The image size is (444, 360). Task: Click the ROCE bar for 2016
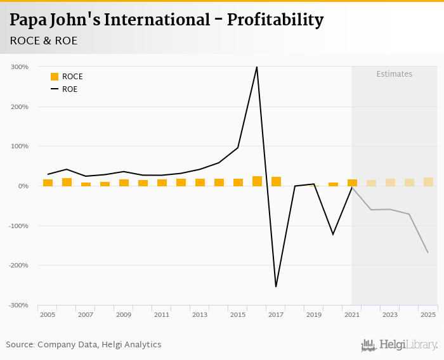(x=257, y=181)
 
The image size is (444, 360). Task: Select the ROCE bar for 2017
(x=276, y=182)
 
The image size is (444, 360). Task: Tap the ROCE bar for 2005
(x=48, y=183)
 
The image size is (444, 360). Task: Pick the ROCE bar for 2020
(x=333, y=184)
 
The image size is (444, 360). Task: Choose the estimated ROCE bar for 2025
(x=428, y=182)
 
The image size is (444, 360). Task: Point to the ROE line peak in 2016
(x=257, y=67)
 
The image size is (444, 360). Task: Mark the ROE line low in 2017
(x=276, y=286)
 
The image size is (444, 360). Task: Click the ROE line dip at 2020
(x=333, y=235)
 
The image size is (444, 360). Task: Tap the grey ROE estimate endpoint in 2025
(x=428, y=252)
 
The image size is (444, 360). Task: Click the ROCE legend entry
(x=67, y=77)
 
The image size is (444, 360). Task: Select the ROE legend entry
(x=64, y=89)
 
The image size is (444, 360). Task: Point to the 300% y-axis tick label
(x=20, y=67)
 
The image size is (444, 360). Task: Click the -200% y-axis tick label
(x=18, y=266)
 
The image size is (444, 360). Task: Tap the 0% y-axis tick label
(x=23, y=186)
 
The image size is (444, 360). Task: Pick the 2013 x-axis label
(x=200, y=315)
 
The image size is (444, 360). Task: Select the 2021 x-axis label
(x=352, y=315)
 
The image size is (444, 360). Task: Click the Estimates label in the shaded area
(x=394, y=74)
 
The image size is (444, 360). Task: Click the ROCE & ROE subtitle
(x=44, y=41)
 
